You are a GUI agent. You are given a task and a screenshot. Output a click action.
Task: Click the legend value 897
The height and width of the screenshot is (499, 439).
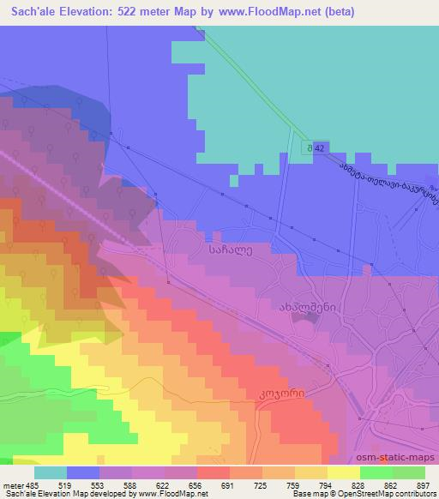pyautogui.click(x=424, y=484)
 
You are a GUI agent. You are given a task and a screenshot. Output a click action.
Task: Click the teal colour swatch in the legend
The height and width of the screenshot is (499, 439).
pyautogui.click(x=50, y=472)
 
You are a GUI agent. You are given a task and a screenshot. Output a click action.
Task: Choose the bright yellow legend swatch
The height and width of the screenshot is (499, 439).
pyautogui.click(x=343, y=472)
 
